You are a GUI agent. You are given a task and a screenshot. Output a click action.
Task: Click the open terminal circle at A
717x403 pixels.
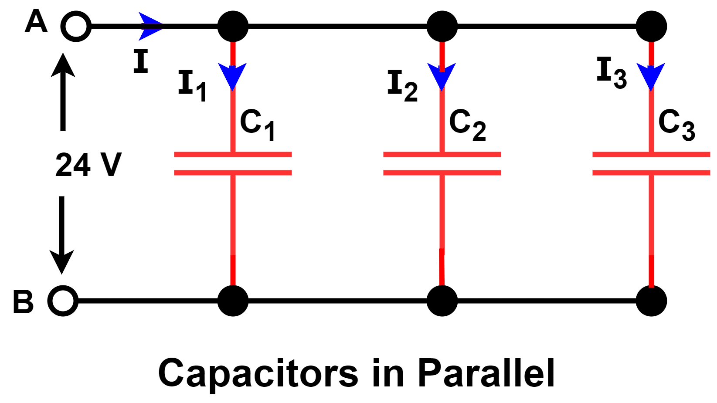[76, 27]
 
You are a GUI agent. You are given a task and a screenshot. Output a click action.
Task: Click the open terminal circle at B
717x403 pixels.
[63, 301]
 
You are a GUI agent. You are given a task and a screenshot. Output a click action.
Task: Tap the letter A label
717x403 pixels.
[36, 22]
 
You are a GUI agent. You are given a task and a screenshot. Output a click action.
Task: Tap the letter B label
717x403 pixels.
[23, 301]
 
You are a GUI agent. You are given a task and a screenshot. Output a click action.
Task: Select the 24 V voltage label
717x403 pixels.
[88, 165]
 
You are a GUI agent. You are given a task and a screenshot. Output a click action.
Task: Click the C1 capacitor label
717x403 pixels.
[258, 125]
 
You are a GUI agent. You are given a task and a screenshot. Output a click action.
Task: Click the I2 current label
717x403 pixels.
[402, 85]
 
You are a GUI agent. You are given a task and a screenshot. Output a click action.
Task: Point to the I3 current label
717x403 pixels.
[611, 72]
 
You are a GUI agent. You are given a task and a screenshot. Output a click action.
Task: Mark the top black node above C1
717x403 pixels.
[233, 27]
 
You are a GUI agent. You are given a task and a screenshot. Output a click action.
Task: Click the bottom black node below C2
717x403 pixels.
[442, 301]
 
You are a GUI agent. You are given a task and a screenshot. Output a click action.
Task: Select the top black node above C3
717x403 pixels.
[651, 27]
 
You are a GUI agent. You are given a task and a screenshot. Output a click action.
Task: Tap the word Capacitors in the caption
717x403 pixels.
[258, 374]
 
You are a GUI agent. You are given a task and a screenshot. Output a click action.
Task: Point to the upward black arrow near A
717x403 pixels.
[63, 91]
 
